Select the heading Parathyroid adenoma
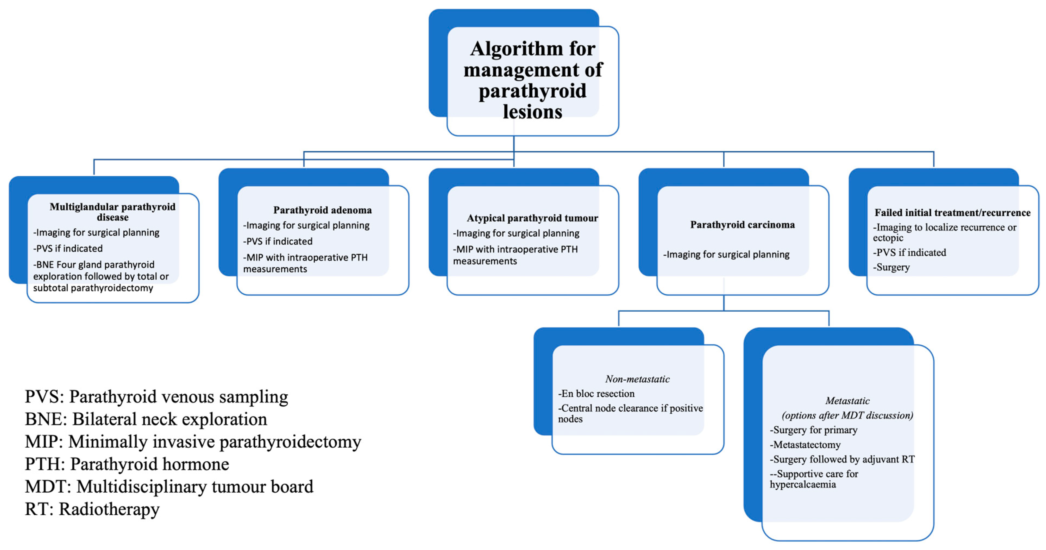point(322,210)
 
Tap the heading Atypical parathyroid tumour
point(532,218)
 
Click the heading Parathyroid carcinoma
point(742,225)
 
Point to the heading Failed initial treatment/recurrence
point(952,212)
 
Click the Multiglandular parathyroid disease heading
point(112,212)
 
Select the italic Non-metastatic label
point(637,379)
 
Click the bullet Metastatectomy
point(805,445)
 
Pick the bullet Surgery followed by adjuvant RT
point(842,460)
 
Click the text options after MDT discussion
point(847,415)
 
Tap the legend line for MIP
point(193,442)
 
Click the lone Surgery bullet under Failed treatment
point(892,267)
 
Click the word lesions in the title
point(532,112)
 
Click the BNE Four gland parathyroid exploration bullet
point(101,276)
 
